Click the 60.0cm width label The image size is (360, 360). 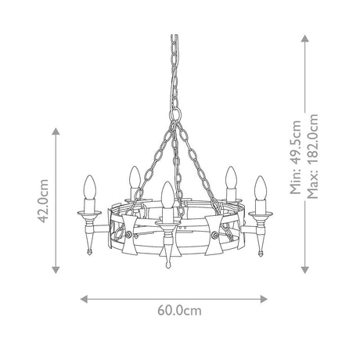(179, 311)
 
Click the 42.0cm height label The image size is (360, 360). (43, 201)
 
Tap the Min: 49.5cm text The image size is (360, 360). (296, 157)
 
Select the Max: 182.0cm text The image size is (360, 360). (312, 157)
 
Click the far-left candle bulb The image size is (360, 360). (90, 188)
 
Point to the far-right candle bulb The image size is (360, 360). (261, 188)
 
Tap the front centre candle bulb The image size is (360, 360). (167, 195)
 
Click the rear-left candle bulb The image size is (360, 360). (135, 177)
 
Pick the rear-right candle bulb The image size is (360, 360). (231, 178)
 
